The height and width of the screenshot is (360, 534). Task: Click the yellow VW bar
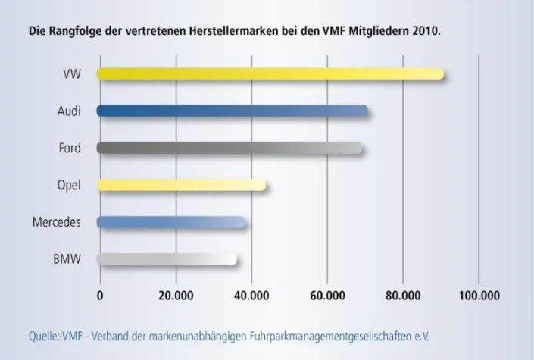coord(270,74)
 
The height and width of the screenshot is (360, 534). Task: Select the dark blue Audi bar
coord(233,111)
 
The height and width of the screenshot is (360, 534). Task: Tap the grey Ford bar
coord(230,147)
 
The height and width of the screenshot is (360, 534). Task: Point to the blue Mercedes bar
coord(171,222)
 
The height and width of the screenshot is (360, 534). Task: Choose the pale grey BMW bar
coord(167,259)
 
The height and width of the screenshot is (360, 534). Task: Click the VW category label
coord(73,74)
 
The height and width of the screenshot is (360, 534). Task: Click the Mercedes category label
coord(57,222)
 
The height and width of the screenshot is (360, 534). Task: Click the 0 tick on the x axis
coord(100,296)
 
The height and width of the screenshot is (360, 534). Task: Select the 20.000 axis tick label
coord(175,296)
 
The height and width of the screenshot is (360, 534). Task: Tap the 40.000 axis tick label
coord(251,296)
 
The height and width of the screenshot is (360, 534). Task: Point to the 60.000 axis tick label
coord(326,296)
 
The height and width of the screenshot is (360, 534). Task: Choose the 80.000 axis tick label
coord(402,296)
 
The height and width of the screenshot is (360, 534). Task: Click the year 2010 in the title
coord(424,33)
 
